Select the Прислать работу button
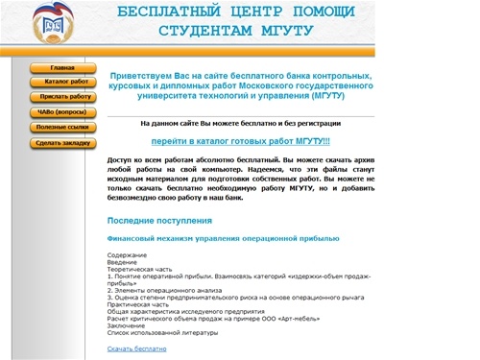click(65, 97)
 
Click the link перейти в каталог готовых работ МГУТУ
click(240, 140)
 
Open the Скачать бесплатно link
click(136, 348)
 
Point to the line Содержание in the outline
click(127, 254)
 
